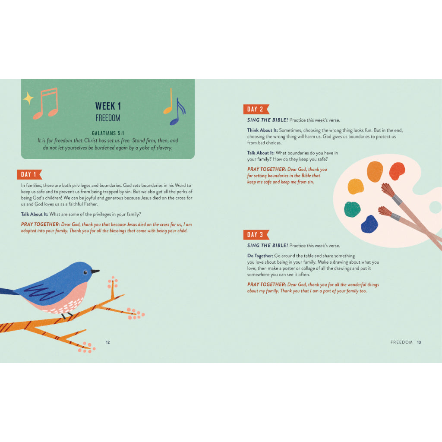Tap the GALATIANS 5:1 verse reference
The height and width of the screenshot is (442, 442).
[x=108, y=134]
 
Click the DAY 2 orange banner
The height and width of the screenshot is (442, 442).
[x=257, y=109]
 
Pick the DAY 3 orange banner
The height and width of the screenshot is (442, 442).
[x=257, y=235]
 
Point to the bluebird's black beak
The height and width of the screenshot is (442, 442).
[x=95, y=272]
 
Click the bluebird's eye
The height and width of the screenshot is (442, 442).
[x=85, y=272]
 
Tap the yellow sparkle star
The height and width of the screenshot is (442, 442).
[x=28, y=99]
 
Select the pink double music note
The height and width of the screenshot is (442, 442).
[x=46, y=104]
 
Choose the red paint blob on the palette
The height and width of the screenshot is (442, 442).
[x=397, y=171]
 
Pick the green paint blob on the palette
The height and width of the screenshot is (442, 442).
[x=352, y=209]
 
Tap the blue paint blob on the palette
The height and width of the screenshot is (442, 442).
[x=369, y=224]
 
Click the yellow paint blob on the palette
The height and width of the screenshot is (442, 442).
[x=356, y=186]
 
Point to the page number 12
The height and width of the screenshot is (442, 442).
[x=108, y=342]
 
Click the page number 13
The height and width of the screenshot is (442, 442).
[x=419, y=342]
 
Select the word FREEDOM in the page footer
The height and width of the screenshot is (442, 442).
[x=401, y=342]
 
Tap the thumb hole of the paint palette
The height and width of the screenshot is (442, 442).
[x=435, y=207]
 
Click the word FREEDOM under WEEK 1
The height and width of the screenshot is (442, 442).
[x=108, y=118]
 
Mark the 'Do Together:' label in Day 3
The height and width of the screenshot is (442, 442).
[x=260, y=256]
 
